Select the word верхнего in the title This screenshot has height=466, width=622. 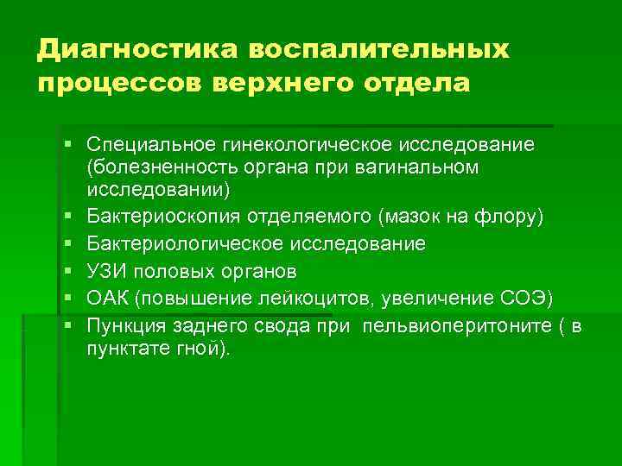coord(273,85)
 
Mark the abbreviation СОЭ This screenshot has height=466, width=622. coord(531,299)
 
